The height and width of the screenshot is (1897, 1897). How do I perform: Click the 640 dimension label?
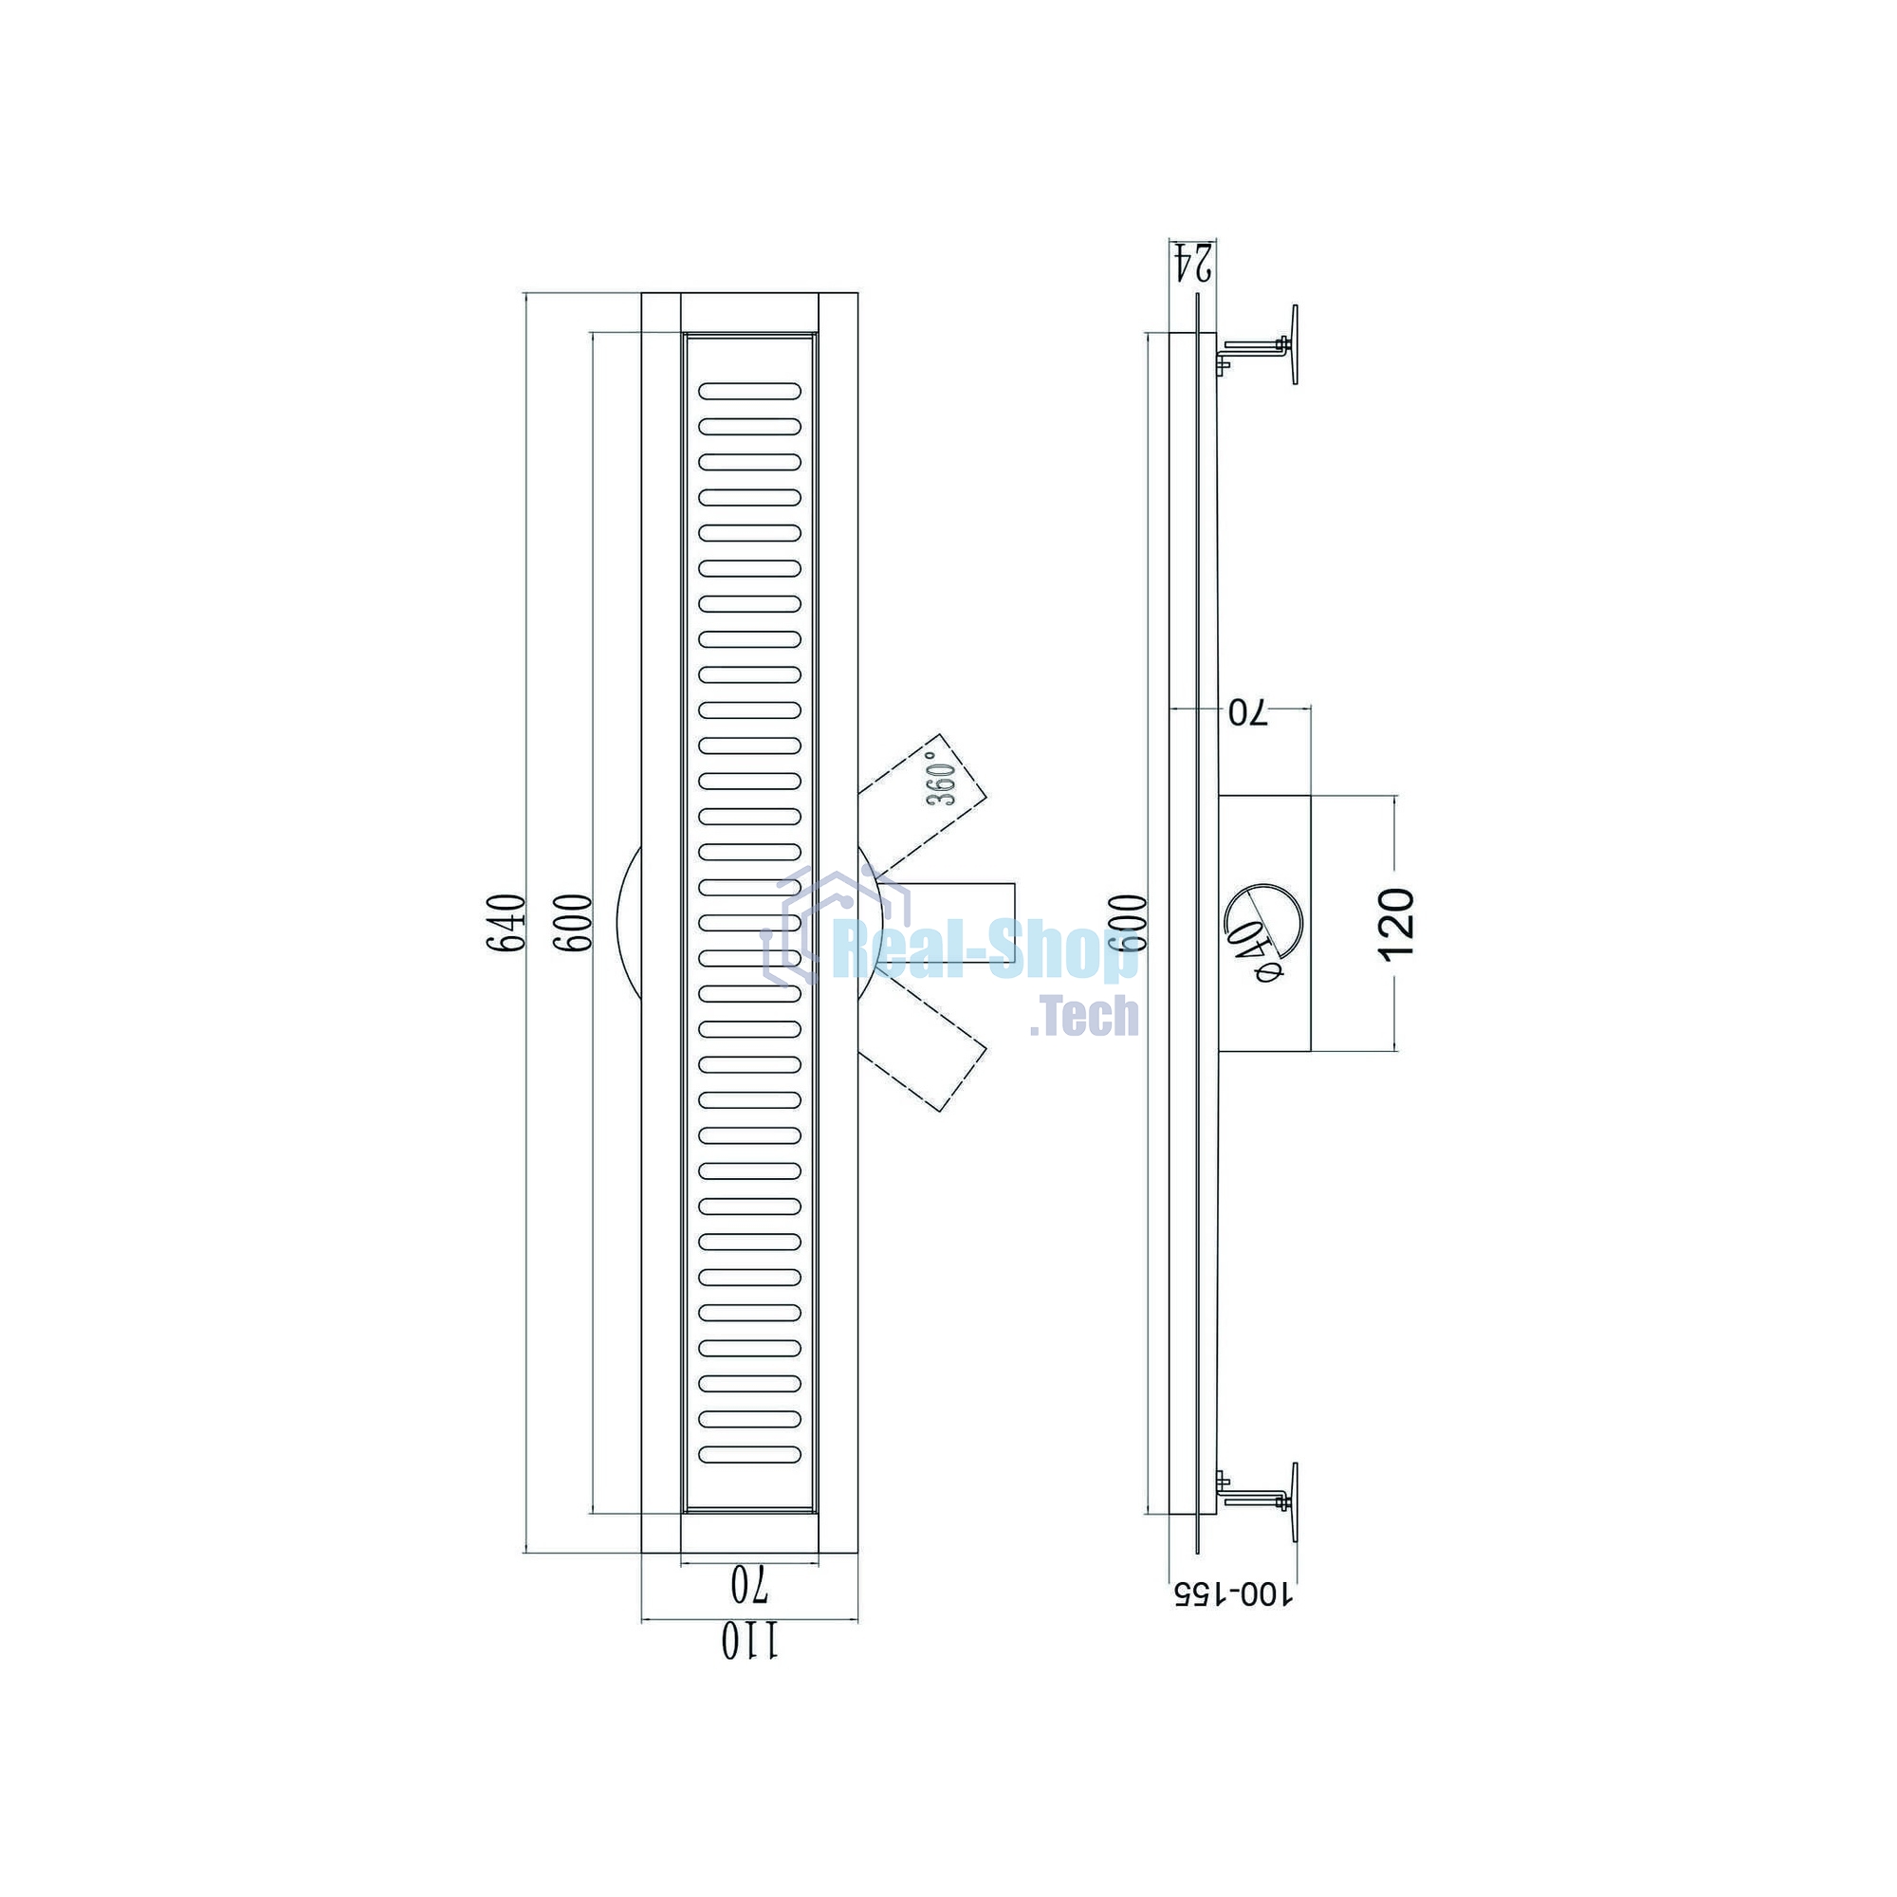point(507,923)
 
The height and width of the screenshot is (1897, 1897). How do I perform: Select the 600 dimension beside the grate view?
point(574,922)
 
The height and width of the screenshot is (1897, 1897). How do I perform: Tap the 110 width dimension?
point(750,1641)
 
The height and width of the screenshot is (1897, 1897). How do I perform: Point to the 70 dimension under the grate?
point(749,1583)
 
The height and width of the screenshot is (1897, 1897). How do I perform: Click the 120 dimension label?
point(1397,924)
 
